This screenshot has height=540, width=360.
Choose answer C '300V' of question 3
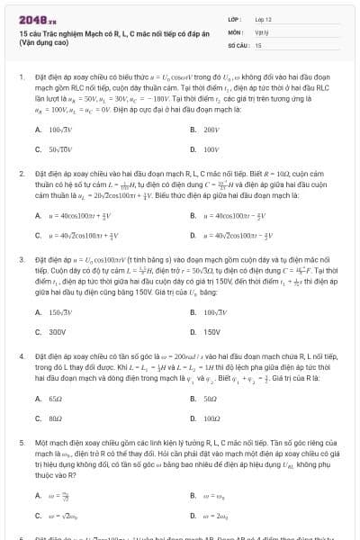(58, 331)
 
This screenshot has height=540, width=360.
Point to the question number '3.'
(22, 258)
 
